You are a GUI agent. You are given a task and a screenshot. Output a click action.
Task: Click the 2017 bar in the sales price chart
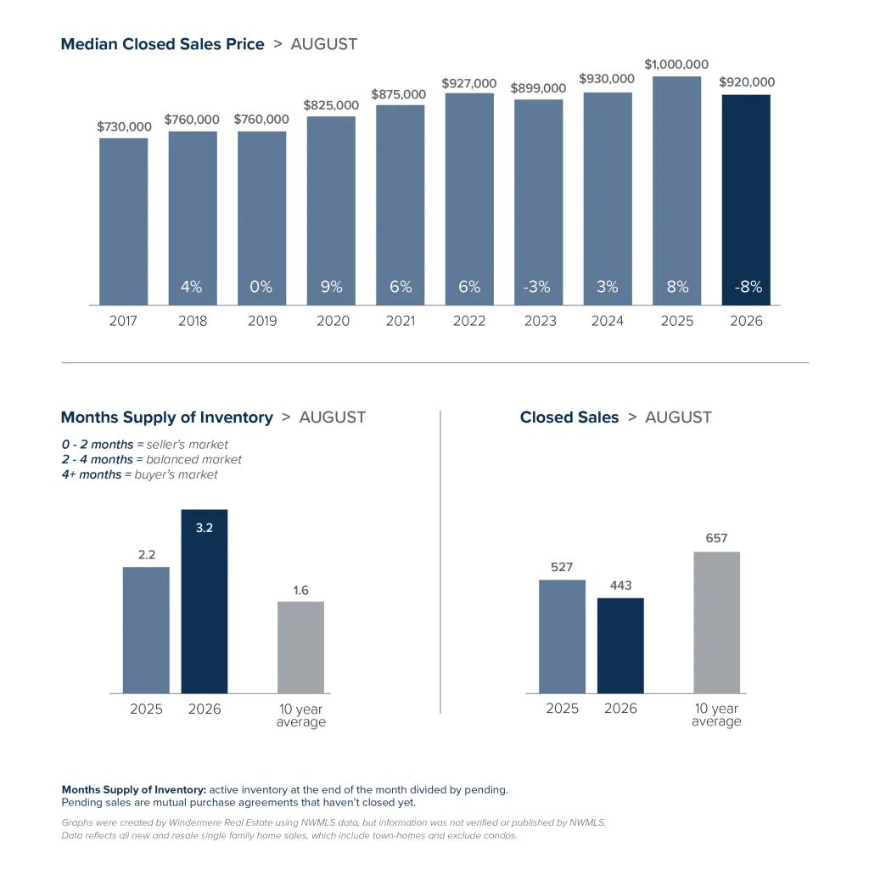click(x=124, y=221)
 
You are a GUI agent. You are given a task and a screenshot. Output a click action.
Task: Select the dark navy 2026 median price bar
click(x=746, y=200)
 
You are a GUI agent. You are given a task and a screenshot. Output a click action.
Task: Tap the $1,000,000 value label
click(x=676, y=64)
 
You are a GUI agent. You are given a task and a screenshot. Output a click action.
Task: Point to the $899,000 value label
click(x=538, y=88)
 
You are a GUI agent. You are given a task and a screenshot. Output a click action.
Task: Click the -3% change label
click(x=537, y=287)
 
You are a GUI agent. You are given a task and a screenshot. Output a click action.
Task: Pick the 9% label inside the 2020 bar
click(x=332, y=287)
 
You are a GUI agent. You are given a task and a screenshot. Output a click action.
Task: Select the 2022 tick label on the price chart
click(x=468, y=321)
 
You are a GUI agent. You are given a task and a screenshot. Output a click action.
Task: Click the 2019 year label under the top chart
click(x=262, y=321)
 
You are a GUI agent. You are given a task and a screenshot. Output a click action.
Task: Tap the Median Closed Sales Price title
click(x=162, y=44)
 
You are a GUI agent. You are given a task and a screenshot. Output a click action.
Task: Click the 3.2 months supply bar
click(x=205, y=602)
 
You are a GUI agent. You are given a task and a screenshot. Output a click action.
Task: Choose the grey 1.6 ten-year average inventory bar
click(x=301, y=648)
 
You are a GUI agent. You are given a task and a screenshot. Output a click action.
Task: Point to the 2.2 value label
click(x=147, y=555)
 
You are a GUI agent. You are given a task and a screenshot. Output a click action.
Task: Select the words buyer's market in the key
click(x=177, y=475)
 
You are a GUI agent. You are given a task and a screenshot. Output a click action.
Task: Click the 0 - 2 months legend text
click(x=98, y=445)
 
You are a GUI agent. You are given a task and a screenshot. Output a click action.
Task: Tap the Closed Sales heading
click(x=569, y=418)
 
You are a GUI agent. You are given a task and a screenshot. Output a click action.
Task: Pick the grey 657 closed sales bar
click(x=716, y=622)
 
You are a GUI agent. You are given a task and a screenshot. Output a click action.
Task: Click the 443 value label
click(x=620, y=586)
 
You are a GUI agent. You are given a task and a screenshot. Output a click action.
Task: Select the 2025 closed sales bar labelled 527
click(x=562, y=636)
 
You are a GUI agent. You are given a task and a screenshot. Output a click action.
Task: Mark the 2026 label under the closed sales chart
click(x=620, y=709)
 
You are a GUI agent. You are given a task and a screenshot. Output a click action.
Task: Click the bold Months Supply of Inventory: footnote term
click(x=133, y=790)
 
